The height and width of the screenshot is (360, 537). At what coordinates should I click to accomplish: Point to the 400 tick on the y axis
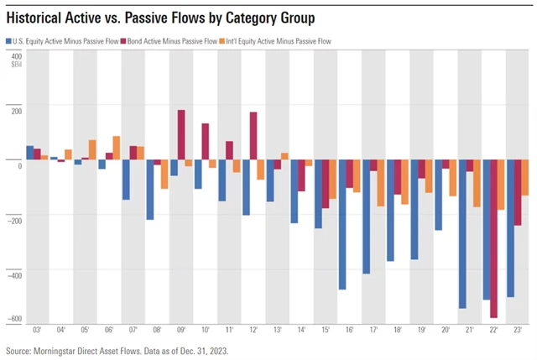(17, 55)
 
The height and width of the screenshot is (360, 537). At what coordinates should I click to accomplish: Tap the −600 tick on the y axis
(14, 319)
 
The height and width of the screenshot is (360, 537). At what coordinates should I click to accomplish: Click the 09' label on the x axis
(181, 332)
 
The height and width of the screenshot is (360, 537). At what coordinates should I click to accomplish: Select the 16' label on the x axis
(349, 332)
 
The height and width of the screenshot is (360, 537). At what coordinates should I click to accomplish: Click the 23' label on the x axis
(517, 332)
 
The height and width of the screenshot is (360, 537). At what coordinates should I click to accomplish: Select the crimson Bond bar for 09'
(181, 134)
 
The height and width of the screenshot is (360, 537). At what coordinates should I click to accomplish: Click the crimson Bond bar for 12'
(253, 135)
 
